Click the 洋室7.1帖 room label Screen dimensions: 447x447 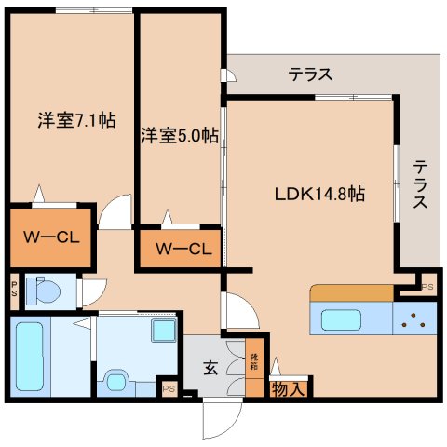[76, 121]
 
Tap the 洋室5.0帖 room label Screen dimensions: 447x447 [181, 136]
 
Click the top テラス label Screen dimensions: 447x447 [309, 74]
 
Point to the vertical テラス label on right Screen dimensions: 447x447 [421, 183]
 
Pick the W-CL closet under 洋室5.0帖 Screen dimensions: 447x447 [183, 249]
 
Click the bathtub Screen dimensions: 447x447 [32, 355]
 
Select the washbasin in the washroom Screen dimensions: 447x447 [164, 331]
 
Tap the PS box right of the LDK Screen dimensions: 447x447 [427, 287]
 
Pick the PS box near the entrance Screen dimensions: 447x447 [169, 388]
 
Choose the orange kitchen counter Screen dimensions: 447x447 [351, 293]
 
